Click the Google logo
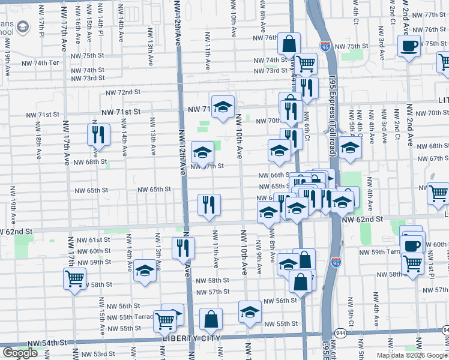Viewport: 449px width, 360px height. (x=20, y=353)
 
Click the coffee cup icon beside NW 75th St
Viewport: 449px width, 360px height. (x=409, y=46)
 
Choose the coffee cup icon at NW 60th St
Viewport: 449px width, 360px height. (x=412, y=245)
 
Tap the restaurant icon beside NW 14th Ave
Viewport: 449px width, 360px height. (x=98, y=134)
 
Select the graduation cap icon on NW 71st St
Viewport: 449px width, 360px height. (x=223, y=107)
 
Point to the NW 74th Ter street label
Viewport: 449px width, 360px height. (x=40, y=63)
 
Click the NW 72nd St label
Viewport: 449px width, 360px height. (x=124, y=92)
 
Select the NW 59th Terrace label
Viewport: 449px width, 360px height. (x=379, y=252)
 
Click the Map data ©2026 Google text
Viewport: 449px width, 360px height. (x=412, y=355)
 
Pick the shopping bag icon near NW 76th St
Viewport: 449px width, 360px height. (x=289, y=44)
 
